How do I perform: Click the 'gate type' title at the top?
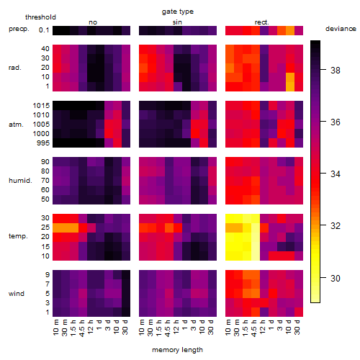point(178,12)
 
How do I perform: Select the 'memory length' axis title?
point(177,350)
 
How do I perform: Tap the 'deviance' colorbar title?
point(341,29)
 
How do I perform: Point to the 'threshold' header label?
point(40,17)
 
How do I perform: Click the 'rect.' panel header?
point(262,22)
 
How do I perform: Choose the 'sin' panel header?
point(177,22)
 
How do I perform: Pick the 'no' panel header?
point(93,22)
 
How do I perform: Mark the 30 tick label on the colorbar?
point(336,279)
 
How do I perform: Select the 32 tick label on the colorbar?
point(336,226)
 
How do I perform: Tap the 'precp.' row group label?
point(19,29)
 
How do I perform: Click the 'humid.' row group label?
point(20,180)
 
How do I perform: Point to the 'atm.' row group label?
point(16,125)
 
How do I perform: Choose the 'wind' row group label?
point(17,294)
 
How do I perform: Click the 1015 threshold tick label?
point(41,106)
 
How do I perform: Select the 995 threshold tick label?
point(43,143)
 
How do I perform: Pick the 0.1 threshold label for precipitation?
point(44,30)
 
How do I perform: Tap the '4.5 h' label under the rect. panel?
point(254,328)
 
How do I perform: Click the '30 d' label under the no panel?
point(125,327)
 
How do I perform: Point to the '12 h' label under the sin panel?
point(176,327)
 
